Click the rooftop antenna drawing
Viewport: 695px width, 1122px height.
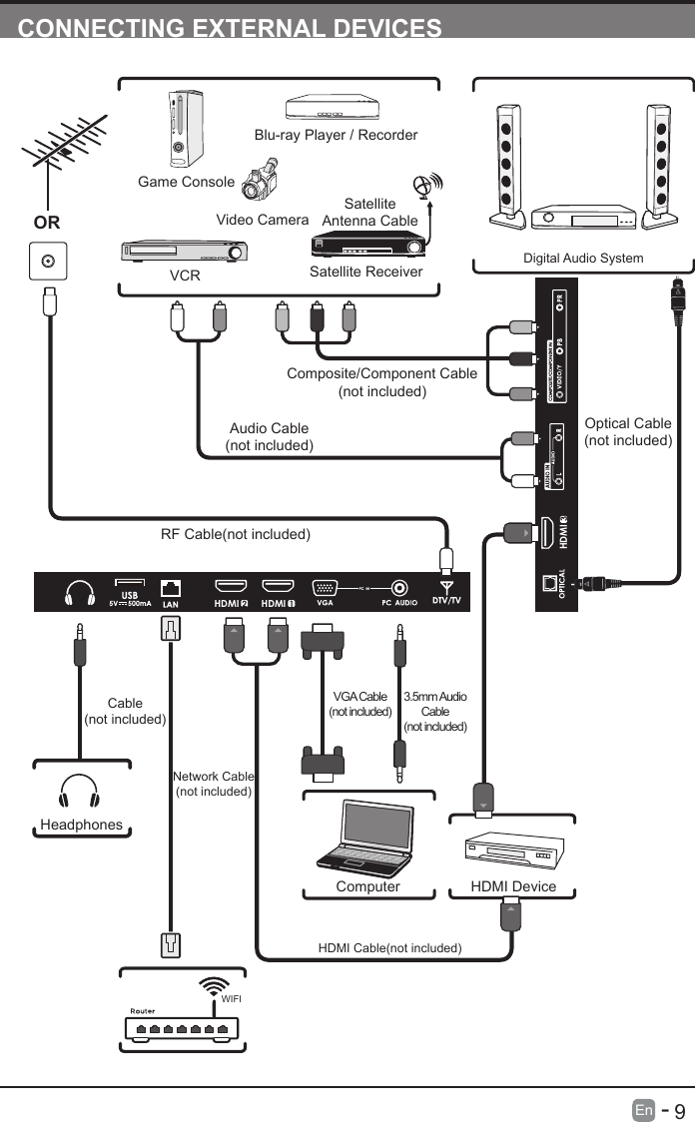(62, 146)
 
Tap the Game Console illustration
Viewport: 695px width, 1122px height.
(181, 129)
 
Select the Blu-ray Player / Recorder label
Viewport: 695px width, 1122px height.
(336, 135)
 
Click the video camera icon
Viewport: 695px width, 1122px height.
(260, 186)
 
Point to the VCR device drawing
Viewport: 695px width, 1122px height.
(184, 252)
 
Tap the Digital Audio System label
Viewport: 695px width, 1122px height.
(583, 258)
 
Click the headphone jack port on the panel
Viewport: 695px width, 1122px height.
(79, 593)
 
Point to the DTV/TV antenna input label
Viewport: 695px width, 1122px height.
(445, 601)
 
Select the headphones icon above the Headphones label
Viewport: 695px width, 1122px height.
(79, 793)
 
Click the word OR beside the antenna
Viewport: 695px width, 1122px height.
(46, 222)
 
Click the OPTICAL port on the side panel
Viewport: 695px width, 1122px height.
(547, 585)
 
